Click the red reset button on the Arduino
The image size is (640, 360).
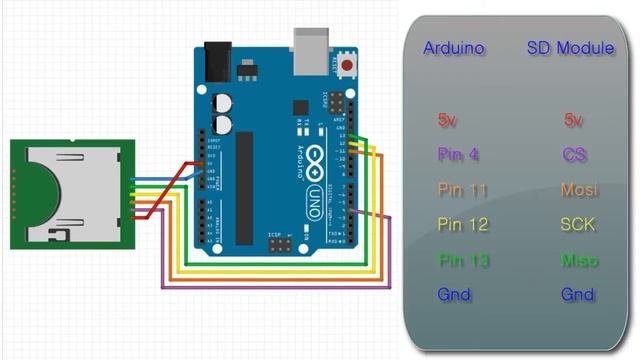pos(348,66)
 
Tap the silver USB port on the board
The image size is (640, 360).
pos(313,48)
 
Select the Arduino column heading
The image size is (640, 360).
pos(453,48)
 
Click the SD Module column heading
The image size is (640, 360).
pos(570,48)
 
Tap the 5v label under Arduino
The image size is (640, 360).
pos(447,120)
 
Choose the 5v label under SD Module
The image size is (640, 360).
pos(573,120)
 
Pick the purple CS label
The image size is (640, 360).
pos(573,155)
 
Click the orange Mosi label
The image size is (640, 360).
pos(578,189)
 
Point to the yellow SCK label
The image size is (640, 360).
pos(577,224)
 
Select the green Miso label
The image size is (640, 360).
pos(578,260)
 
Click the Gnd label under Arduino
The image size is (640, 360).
pos(453,295)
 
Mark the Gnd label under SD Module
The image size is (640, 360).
pos(576,295)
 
